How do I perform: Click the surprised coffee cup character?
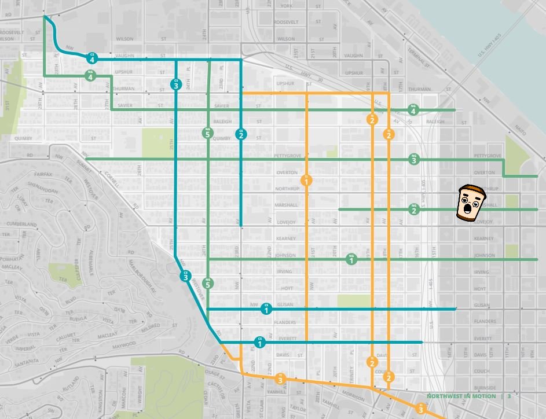[x=470, y=203]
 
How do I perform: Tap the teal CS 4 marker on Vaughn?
[x=91, y=57]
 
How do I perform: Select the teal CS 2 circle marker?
[x=241, y=134]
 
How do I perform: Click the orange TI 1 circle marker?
[x=306, y=180]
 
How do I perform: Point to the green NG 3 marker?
[x=413, y=159]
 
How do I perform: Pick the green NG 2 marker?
[x=413, y=209]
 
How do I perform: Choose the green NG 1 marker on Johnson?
[x=350, y=259]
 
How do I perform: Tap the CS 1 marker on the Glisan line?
[x=266, y=309]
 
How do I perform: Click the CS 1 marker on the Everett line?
[x=259, y=343]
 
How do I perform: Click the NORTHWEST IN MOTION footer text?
[x=461, y=396]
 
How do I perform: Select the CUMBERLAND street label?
[x=21, y=223]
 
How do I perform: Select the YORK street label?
[x=285, y=6]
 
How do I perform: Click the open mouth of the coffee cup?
[x=468, y=207]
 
